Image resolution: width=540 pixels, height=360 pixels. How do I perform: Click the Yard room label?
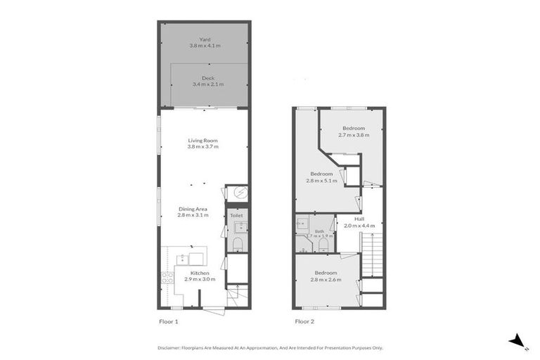tap(205, 39)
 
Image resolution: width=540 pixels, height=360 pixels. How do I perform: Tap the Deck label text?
tap(207, 78)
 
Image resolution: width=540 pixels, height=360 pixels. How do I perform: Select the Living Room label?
tap(202, 140)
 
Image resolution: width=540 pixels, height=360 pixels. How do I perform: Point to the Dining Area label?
tap(191, 209)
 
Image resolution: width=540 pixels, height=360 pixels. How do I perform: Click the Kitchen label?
tap(200, 273)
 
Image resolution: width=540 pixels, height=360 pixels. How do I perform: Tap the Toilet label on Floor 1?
tap(236, 215)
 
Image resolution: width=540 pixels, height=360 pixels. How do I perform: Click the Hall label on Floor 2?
tap(359, 219)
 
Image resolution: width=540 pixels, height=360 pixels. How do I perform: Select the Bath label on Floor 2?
tap(319, 231)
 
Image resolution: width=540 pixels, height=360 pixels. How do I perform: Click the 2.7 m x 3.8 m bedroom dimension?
tap(354, 134)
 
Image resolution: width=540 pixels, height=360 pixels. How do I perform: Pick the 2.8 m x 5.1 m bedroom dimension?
tap(321, 181)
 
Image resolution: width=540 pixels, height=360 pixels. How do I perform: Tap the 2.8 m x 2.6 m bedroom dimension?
tap(326, 279)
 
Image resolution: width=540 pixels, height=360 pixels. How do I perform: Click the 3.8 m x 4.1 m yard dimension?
tap(205, 46)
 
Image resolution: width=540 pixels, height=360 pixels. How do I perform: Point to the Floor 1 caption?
tap(167, 321)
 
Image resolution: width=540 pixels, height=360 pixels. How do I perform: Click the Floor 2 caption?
tap(304, 321)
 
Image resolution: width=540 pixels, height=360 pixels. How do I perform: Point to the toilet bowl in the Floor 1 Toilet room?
tap(237, 243)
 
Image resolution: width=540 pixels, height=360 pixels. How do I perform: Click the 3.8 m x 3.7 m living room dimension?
tap(202, 147)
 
